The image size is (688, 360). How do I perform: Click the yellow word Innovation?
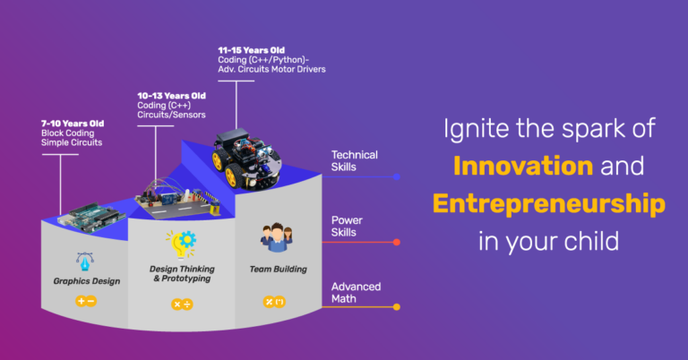coord(523,167)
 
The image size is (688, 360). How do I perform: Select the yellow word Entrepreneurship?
coord(549,204)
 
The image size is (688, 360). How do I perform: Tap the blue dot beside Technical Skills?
coord(397,176)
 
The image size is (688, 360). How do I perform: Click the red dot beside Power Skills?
coord(397,242)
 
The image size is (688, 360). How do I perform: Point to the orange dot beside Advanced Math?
coord(397,307)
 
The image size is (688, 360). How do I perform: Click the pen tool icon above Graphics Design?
coord(85,261)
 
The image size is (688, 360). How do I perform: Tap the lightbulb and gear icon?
coord(181,244)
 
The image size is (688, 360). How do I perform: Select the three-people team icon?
coord(277,237)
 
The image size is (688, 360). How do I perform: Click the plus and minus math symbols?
coord(86,301)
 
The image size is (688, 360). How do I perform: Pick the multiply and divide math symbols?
coord(182,304)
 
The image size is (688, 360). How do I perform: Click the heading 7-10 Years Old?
coord(73,124)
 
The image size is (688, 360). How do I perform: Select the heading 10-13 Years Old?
coord(172,96)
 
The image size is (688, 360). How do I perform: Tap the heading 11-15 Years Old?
coord(252,50)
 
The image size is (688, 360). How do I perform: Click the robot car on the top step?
coord(247,159)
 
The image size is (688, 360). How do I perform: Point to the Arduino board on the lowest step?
coord(92,217)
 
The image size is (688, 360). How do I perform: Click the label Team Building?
coord(279,270)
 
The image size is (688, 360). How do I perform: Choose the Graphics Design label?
coord(86,281)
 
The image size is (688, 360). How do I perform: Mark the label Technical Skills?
coord(354,161)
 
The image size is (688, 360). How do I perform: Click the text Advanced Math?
coord(356,293)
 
